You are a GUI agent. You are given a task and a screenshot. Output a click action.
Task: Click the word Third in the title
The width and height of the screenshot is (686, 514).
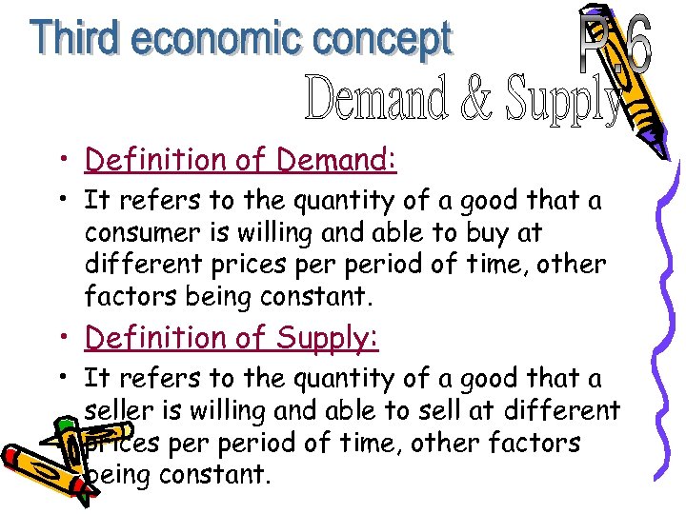click(78, 39)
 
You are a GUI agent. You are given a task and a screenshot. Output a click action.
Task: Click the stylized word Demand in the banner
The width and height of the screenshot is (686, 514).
click(377, 99)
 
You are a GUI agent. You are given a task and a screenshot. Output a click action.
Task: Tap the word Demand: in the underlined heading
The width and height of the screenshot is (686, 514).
click(336, 160)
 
